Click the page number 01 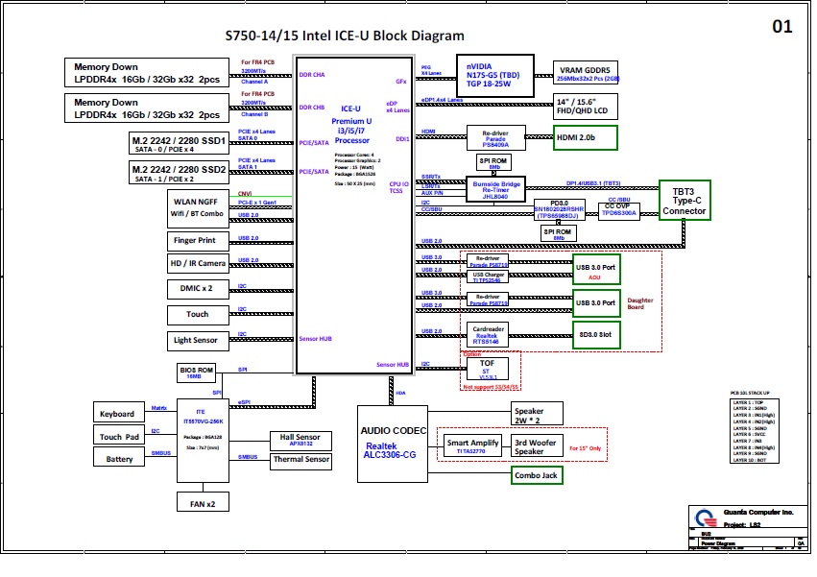tap(782, 28)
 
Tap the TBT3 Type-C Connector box tap(685, 200)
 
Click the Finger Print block tap(194, 240)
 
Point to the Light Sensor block tap(195, 340)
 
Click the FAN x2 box tap(203, 502)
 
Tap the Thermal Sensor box tap(301, 460)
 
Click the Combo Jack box tap(537, 474)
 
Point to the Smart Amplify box tap(471, 445)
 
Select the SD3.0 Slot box tap(594, 334)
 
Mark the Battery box tap(120, 459)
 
